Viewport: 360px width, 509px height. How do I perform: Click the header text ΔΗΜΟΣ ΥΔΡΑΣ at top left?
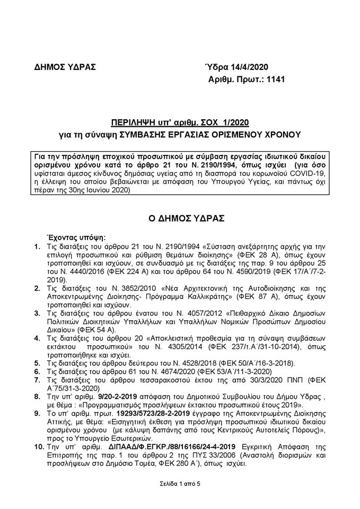coord(58,67)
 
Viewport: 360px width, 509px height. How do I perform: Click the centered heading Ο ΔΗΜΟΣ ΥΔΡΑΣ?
coord(179,218)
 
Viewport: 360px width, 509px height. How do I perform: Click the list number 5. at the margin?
coord(37,363)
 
